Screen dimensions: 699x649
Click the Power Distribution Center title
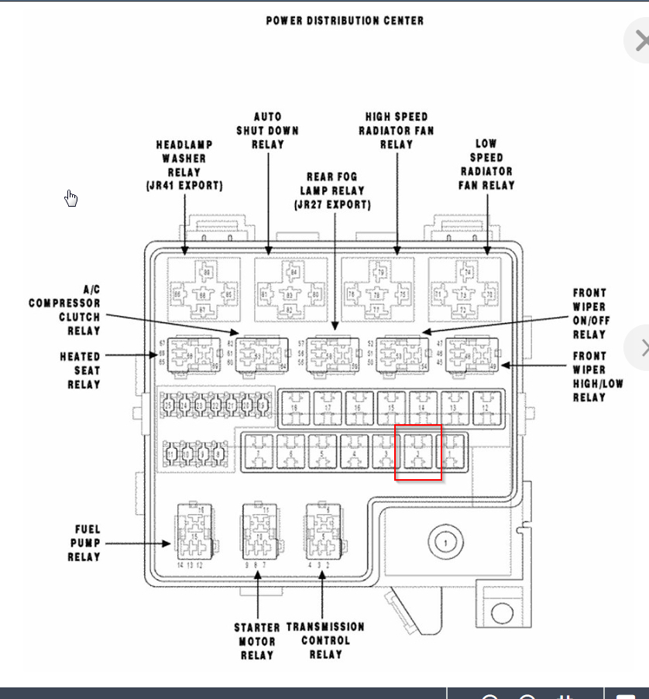click(345, 20)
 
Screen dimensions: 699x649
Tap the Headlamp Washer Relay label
click(184, 165)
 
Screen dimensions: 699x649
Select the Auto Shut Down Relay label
click(267, 130)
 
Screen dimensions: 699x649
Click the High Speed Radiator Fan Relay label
click(397, 130)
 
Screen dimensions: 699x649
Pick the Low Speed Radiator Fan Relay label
click(486, 164)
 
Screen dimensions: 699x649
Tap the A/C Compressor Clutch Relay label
click(65, 310)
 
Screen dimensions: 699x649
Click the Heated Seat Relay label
click(80, 370)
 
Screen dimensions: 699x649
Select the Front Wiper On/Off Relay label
click(589, 314)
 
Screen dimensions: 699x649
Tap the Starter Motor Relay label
click(257, 640)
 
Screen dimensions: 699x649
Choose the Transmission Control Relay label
click(325, 640)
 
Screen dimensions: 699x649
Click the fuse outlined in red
click(418, 452)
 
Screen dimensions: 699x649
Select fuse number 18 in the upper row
click(295, 407)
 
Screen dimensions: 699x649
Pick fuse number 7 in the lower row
click(258, 452)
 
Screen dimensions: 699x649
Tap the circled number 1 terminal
click(445, 543)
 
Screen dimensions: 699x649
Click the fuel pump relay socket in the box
click(191, 530)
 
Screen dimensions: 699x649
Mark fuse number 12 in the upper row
click(486, 407)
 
